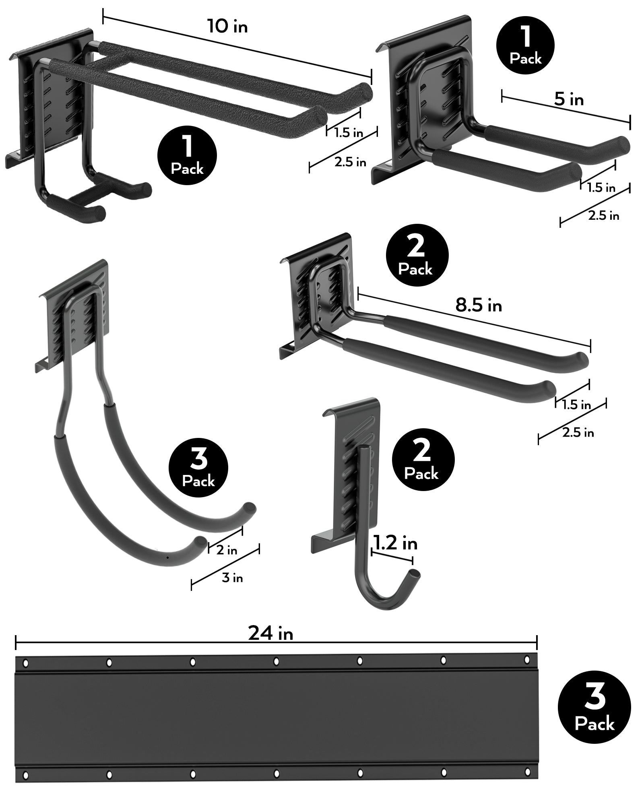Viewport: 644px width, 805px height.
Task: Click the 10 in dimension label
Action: [x=227, y=27]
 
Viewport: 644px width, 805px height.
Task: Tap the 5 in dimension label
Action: [x=568, y=99]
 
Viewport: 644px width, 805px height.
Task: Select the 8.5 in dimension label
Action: [x=479, y=305]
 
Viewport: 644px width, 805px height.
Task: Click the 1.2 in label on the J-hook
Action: [x=395, y=544]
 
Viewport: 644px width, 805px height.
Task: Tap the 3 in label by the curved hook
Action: [x=232, y=578]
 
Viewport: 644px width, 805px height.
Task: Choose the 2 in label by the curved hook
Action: [x=227, y=550]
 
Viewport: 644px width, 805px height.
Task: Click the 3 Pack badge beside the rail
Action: [x=594, y=707]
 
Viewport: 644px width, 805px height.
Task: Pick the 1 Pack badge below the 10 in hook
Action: [x=187, y=156]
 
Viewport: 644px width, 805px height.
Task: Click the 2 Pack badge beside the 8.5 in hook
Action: [x=417, y=255]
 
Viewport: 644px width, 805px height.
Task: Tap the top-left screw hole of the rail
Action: [x=25, y=662]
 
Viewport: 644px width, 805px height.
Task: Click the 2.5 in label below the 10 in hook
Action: [x=350, y=162]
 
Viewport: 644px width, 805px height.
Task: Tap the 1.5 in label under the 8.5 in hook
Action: [x=576, y=405]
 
